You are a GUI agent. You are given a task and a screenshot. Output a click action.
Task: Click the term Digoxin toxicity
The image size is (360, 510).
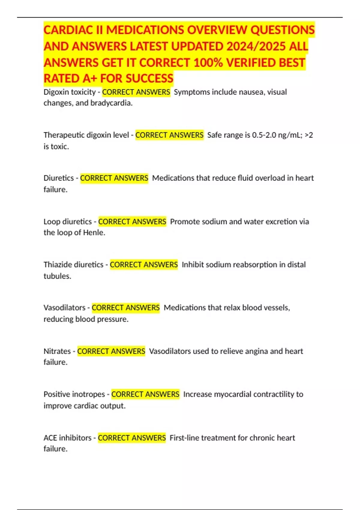[x=69, y=92]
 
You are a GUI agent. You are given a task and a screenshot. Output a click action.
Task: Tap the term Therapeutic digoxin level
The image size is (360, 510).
[x=86, y=135]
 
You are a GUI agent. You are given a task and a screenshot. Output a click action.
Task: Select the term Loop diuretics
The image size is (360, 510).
[x=67, y=222]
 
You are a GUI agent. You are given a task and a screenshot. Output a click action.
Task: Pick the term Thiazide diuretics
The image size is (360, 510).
[x=73, y=265]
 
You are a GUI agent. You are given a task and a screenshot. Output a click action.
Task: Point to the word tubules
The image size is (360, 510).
[x=57, y=276]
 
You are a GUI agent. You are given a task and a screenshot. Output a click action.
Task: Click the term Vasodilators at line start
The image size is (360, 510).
[x=64, y=308]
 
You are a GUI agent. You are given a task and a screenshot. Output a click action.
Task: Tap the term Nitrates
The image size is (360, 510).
[x=57, y=351]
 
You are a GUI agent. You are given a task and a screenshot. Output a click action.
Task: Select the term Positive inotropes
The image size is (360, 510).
[x=74, y=394]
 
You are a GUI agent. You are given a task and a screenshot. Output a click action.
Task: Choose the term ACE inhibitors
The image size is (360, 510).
[x=67, y=438]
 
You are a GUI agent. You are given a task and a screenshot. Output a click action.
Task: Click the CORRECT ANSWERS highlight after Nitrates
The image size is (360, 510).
[x=111, y=351]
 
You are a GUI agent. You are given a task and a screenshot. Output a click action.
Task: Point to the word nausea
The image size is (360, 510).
[x=252, y=92]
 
